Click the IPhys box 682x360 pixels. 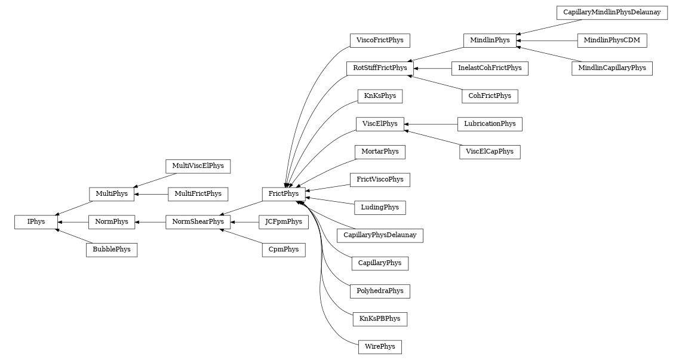tap(36, 221)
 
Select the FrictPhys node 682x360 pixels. tap(284, 194)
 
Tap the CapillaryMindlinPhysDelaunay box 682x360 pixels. tap(612, 13)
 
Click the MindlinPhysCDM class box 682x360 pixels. tap(612, 41)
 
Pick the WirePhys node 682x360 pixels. tap(379, 346)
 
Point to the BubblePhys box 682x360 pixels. tap(112, 250)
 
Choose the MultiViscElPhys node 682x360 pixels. tap(198, 166)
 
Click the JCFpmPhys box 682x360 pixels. tap(284, 222)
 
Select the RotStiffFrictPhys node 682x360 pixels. tap(379, 68)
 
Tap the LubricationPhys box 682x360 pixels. tap(490, 124)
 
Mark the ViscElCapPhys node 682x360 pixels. tap(490, 152)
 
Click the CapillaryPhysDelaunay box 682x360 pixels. tap(379, 235)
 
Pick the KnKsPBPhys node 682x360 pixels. tap(379, 319)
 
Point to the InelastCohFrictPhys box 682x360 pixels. tap(490, 68)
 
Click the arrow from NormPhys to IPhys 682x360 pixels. tap(73, 222)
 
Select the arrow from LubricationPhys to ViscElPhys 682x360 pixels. tap(431, 124)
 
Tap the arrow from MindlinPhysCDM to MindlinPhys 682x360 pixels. tap(546, 41)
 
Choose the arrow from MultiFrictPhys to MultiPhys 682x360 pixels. tap(151, 194)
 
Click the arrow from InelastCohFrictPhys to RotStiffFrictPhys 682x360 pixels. tap(432, 69)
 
